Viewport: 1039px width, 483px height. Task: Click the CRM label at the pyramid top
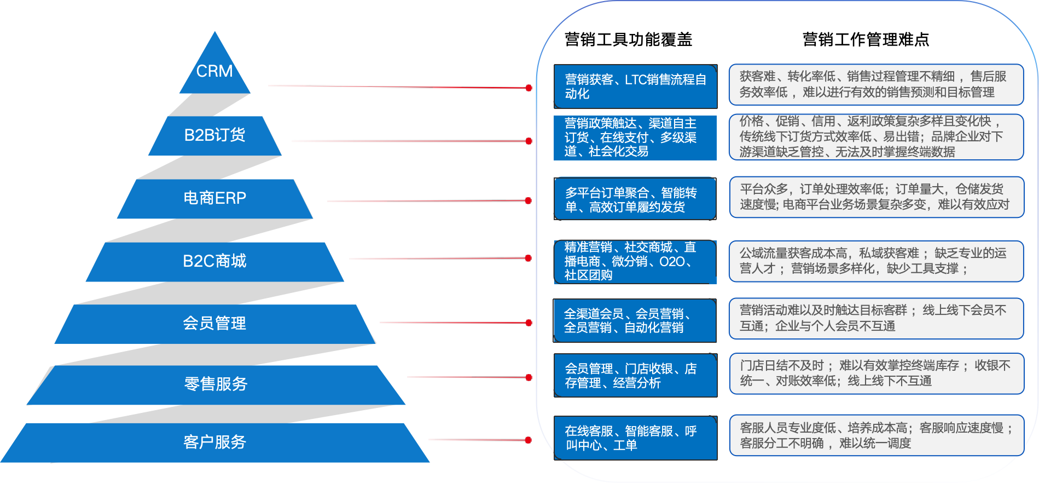point(214,71)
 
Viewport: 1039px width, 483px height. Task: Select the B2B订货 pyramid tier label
point(214,135)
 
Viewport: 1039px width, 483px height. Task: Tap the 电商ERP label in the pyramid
point(214,198)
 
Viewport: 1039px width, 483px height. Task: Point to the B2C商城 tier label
point(214,261)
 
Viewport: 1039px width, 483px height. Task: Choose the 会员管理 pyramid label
point(214,323)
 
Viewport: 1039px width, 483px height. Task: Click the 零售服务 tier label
point(216,384)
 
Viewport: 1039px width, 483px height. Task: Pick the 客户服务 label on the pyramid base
point(214,441)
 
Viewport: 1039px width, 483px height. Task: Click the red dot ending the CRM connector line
point(529,88)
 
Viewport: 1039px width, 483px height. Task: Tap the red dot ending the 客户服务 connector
point(528,440)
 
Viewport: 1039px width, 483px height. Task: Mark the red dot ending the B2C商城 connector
point(528,258)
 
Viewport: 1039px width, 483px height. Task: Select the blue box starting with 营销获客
point(635,87)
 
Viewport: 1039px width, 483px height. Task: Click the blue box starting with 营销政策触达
point(635,137)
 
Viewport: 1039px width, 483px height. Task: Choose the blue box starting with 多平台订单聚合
point(635,199)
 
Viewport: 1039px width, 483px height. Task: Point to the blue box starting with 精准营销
point(635,262)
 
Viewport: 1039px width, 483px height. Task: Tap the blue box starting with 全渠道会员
point(635,320)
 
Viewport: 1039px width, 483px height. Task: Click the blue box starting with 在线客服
point(635,438)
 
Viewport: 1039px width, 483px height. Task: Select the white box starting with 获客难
point(875,84)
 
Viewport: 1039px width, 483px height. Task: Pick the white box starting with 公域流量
point(875,261)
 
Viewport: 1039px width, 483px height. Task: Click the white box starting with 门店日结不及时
point(875,373)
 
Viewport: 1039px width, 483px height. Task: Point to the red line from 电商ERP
point(427,201)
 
